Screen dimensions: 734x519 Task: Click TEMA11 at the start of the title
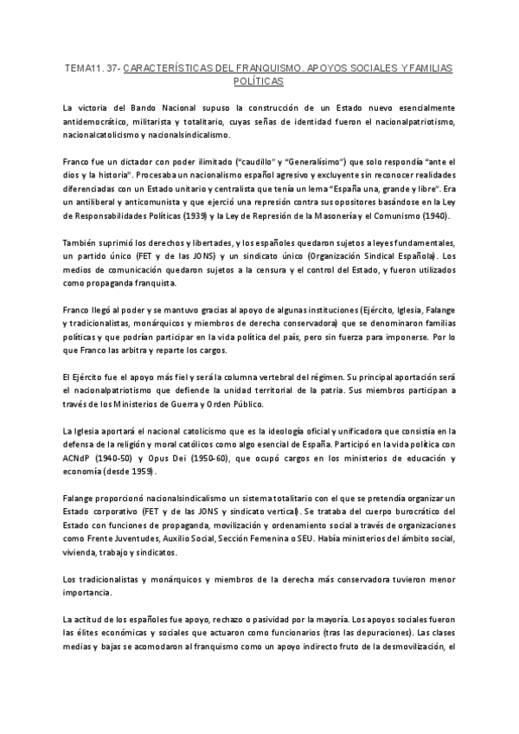pos(82,68)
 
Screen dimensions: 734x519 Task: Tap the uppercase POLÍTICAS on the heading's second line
pos(259,80)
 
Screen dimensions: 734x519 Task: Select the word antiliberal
pos(103,202)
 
